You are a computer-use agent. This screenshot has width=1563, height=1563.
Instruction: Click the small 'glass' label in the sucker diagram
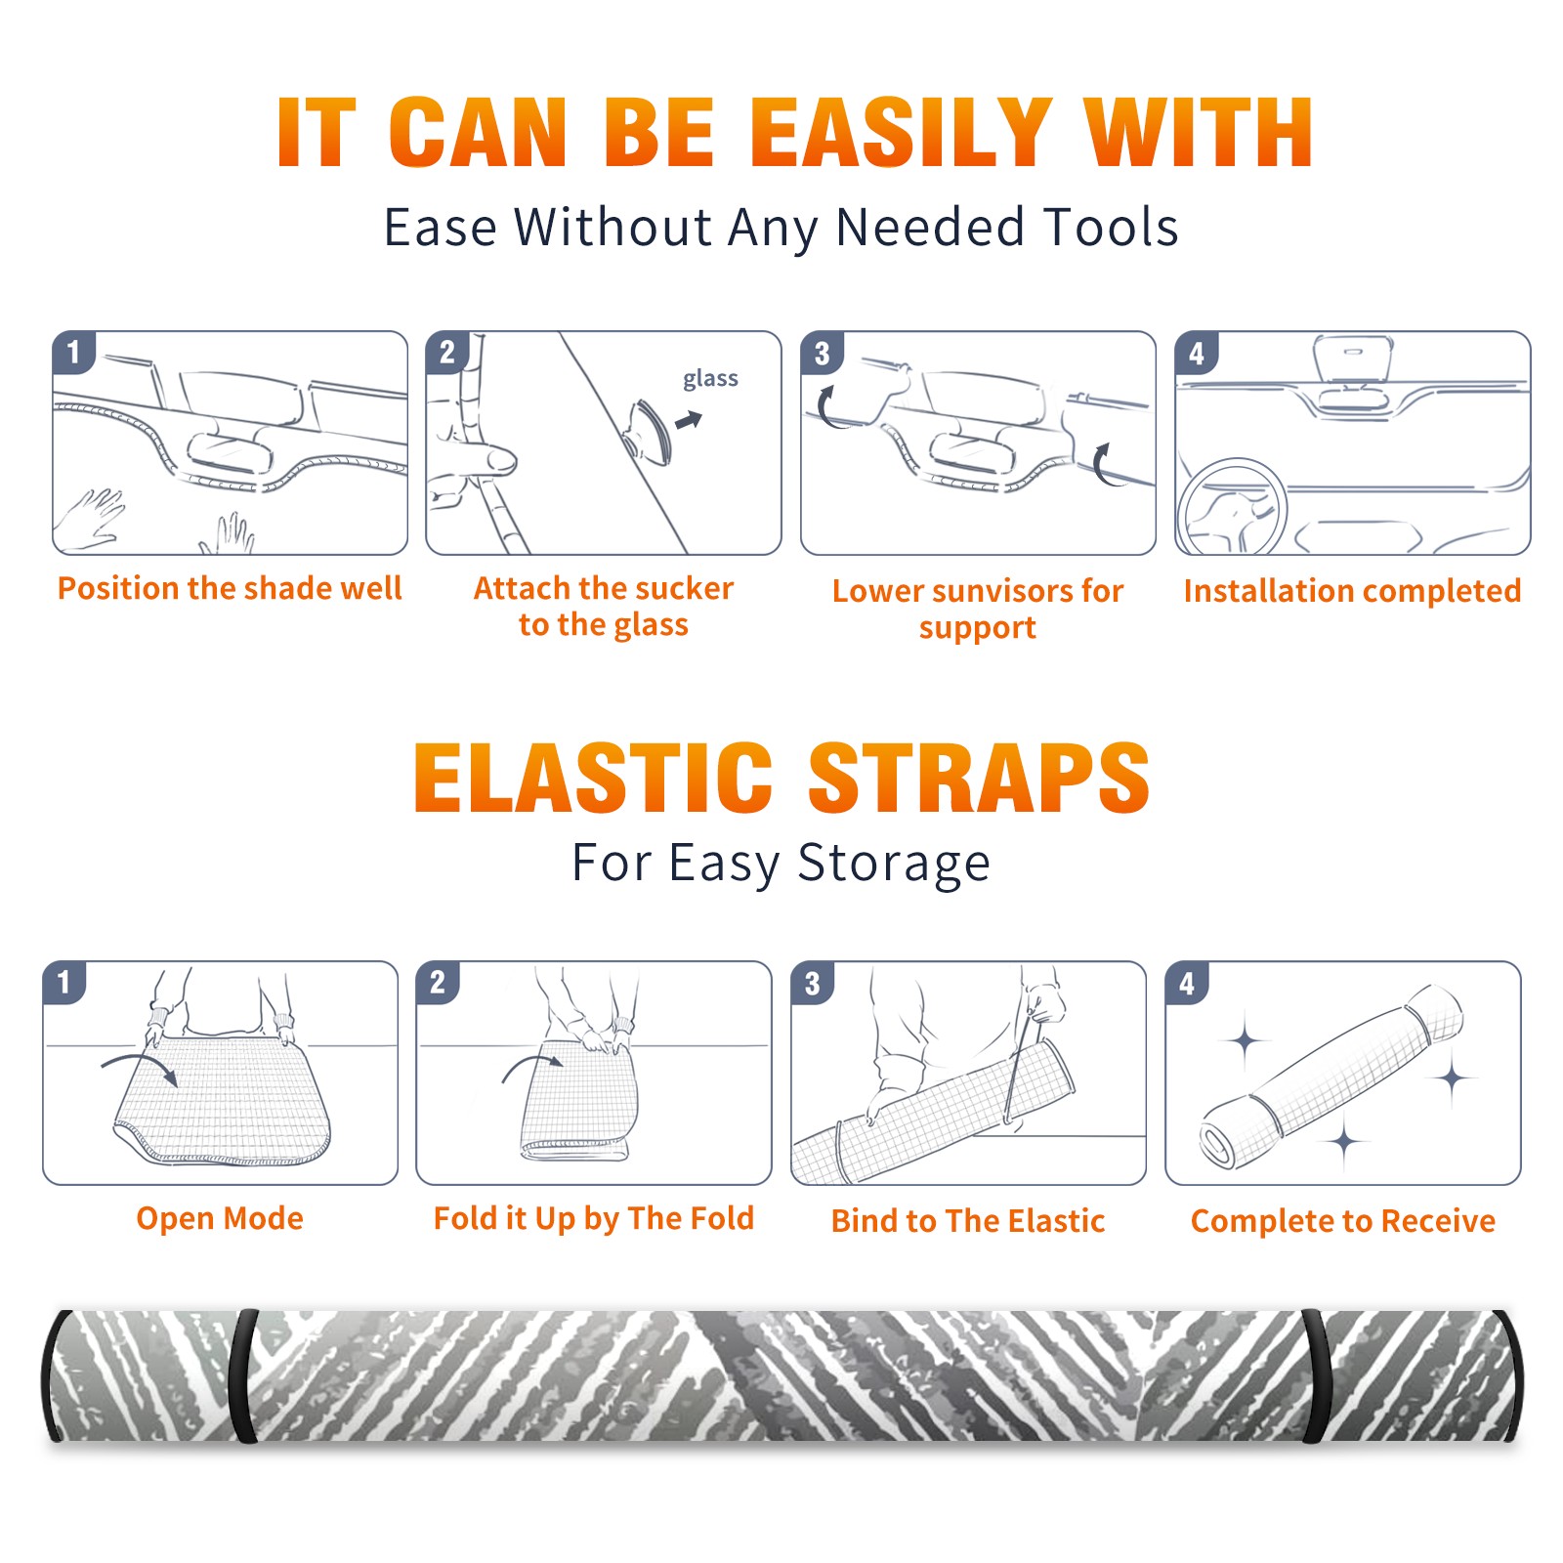coord(710,379)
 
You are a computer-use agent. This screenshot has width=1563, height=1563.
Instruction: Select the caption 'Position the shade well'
coord(230,588)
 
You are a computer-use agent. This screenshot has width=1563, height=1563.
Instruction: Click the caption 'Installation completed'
coord(1352,591)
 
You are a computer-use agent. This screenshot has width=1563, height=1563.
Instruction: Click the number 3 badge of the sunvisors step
coord(822,354)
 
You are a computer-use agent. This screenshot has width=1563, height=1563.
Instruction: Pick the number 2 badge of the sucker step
coord(447,352)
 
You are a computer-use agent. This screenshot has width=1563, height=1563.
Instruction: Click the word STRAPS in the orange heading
coord(979,778)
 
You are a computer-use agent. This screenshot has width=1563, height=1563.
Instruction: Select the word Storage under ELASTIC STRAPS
coord(894,864)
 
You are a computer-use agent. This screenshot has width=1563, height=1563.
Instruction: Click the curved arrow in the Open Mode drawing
coord(141,1066)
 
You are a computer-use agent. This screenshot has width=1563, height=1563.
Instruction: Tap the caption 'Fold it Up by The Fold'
coord(594,1219)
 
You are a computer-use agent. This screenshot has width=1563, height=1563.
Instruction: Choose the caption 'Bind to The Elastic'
coord(968,1221)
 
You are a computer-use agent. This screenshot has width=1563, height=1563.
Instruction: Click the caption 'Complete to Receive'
coord(1343,1221)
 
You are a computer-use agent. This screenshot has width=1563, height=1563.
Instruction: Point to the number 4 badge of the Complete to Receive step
coord(1187,983)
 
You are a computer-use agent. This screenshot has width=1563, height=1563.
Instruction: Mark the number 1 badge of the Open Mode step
coord(64,983)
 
